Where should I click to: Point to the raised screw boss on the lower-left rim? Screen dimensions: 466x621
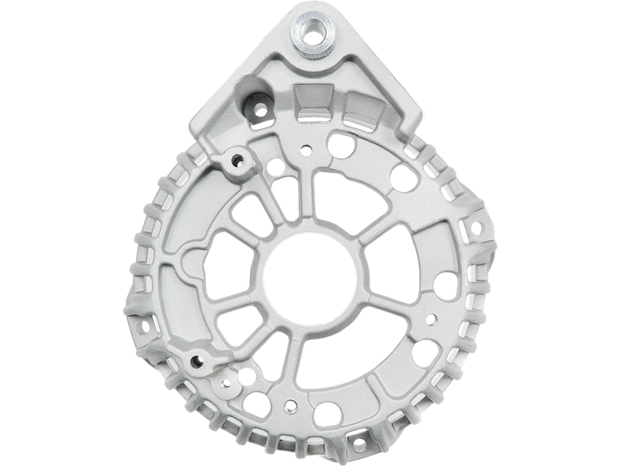point(195,359)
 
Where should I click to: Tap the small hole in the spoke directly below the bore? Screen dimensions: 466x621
point(290,405)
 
